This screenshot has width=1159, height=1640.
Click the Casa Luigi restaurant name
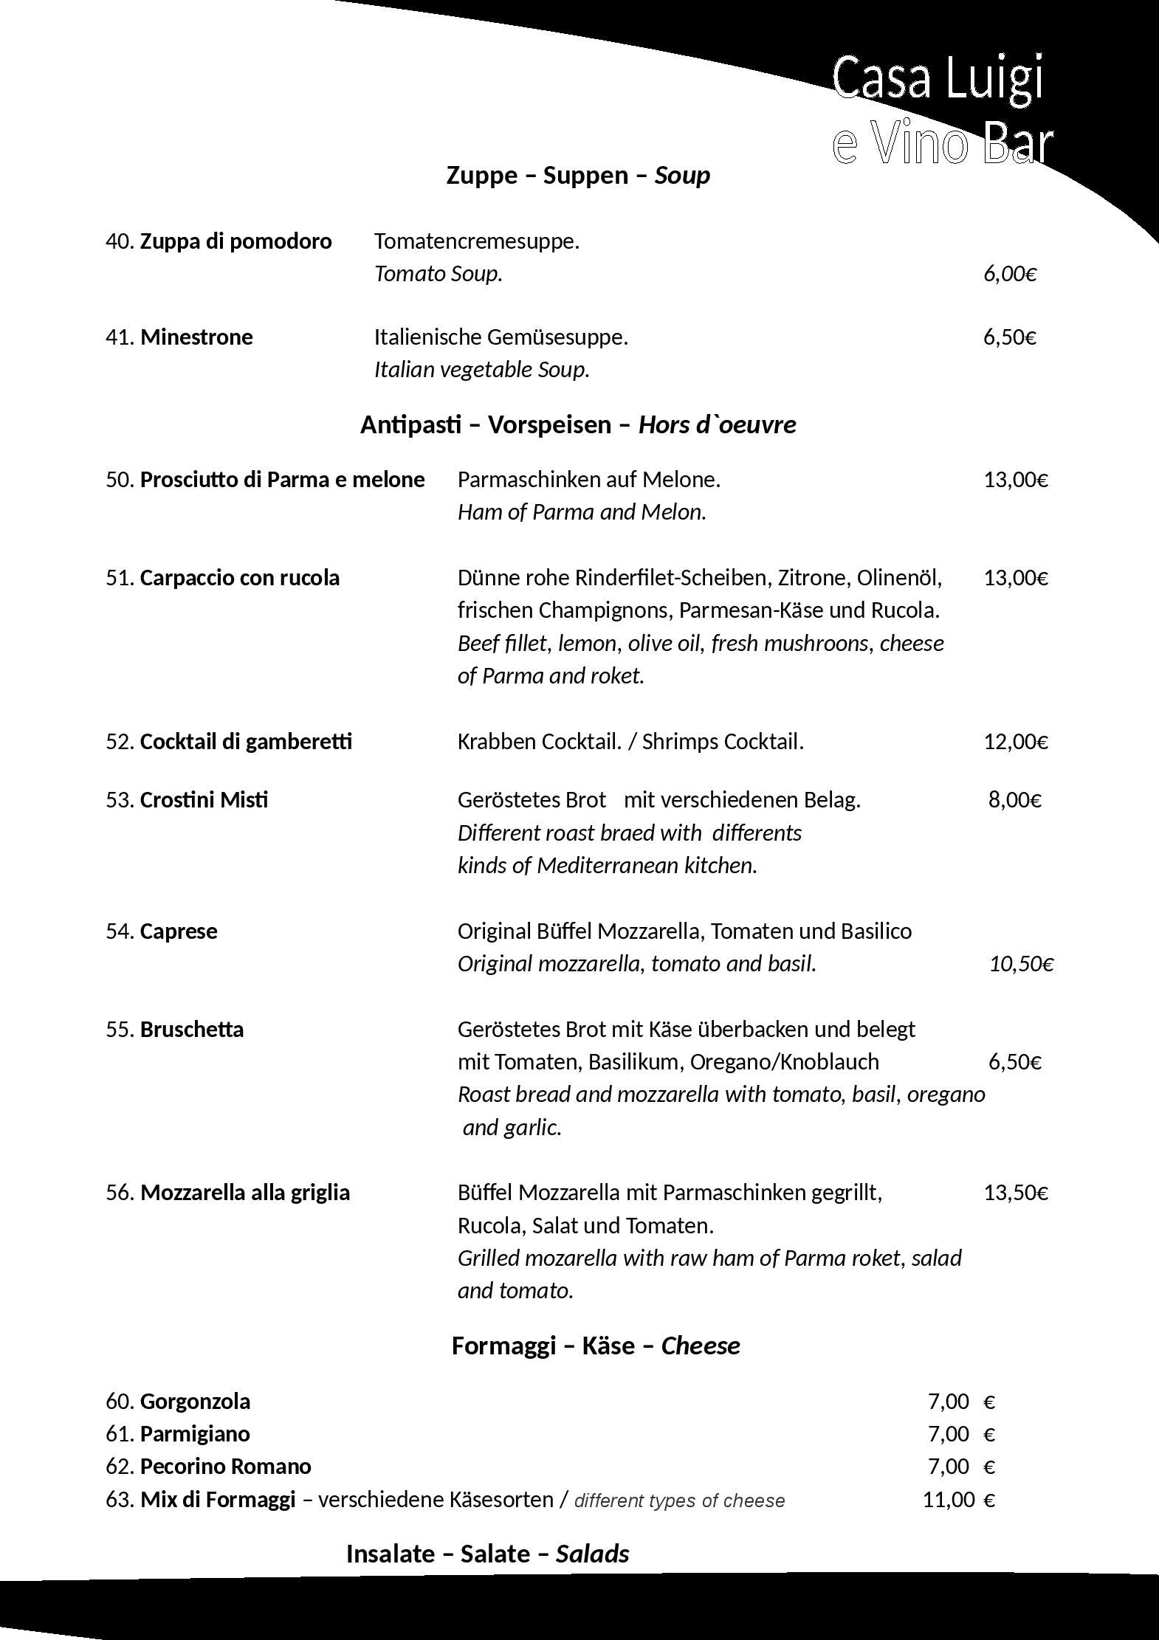939,77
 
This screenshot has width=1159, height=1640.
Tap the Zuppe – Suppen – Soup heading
578,176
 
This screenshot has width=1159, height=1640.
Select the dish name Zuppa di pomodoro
235,241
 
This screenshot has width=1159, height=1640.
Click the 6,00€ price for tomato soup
1010,274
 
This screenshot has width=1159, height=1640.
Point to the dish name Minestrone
196,337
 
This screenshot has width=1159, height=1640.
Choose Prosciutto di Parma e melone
282,480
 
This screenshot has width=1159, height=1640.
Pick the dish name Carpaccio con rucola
239,578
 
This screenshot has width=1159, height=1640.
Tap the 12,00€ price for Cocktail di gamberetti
1016,742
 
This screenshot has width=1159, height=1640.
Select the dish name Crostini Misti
204,800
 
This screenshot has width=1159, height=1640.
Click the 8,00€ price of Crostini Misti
1015,800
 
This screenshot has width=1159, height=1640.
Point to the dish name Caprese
179,931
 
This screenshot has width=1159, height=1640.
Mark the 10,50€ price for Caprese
1021,964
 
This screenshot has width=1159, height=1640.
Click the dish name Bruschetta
191,1030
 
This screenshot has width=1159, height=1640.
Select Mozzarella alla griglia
244,1193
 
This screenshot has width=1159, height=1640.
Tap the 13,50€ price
1016,1193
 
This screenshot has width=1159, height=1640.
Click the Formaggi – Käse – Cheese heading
596,1346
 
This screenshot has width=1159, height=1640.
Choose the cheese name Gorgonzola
195,1402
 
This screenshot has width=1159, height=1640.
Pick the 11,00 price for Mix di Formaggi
949,1500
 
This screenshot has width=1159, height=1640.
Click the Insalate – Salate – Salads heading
487,1554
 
